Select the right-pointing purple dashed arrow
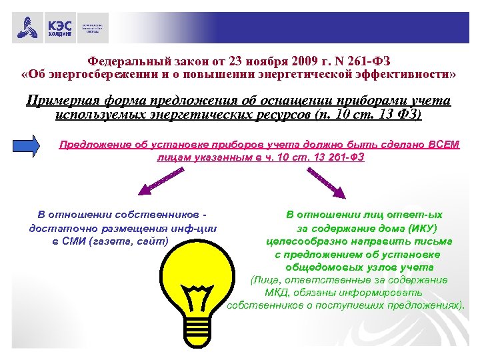click(327, 182)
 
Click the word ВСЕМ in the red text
click(443, 145)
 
